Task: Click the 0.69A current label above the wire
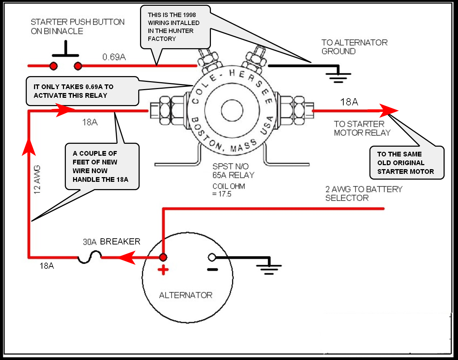(114, 57)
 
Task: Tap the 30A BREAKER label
(111, 242)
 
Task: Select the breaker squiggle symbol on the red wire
(90, 257)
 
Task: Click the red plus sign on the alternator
(163, 270)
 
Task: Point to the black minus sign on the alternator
(212, 269)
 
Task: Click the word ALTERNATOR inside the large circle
(186, 295)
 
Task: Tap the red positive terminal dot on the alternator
(163, 257)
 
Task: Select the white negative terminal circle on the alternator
(212, 257)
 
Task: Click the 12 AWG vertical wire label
(37, 180)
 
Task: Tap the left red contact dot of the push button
(54, 66)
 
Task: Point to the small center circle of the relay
(232, 110)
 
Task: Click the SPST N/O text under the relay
(230, 167)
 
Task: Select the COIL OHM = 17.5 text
(229, 190)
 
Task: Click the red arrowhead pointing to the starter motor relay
(389, 110)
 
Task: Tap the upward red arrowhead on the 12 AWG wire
(29, 147)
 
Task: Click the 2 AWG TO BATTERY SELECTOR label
(364, 193)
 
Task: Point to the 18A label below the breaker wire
(47, 266)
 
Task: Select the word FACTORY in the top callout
(162, 39)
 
